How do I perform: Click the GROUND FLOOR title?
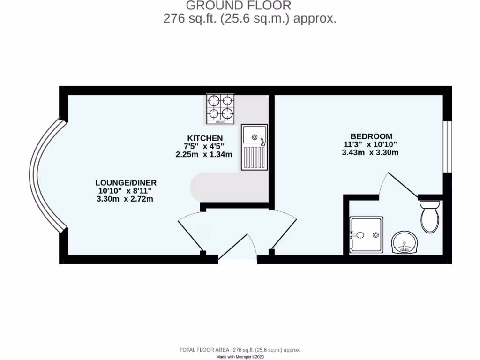point(239,6)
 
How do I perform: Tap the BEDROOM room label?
point(370,136)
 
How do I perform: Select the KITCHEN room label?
point(205,138)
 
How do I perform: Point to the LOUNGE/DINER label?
point(126,182)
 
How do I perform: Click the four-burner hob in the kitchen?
point(220,109)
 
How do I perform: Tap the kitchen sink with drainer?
point(255,147)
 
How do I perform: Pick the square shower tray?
point(367,235)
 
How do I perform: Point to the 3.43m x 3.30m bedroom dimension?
point(370,152)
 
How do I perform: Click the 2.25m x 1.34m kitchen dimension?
point(204,154)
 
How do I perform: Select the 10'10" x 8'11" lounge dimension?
point(126,191)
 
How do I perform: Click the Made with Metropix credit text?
point(240,357)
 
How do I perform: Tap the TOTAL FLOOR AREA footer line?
point(240,350)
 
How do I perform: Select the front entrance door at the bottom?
point(238,255)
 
